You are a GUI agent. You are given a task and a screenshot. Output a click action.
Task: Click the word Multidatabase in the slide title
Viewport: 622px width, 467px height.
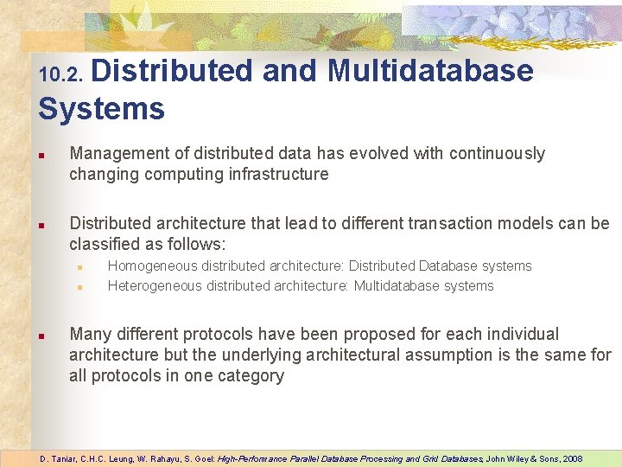(x=430, y=70)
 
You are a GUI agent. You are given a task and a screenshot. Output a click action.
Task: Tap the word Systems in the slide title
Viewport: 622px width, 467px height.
(x=101, y=109)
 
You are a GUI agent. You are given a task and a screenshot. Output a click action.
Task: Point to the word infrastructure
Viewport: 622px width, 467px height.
(x=276, y=175)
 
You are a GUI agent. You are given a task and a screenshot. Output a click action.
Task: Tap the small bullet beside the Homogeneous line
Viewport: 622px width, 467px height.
(x=79, y=267)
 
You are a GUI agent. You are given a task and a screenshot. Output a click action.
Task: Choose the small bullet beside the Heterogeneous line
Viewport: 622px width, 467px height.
(x=79, y=287)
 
